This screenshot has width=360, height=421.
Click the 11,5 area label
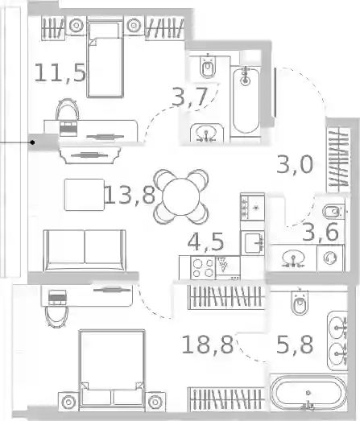click(x=60, y=72)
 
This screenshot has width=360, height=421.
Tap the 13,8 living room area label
click(x=130, y=195)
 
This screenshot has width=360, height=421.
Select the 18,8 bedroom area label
click(x=207, y=345)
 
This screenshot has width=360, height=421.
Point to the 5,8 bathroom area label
click(x=295, y=345)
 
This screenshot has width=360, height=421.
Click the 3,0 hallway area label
click(x=295, y=164)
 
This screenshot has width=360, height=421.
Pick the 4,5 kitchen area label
click(x=206, y=242)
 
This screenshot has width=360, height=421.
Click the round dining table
click(x=181, y=196)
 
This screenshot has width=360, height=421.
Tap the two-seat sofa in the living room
click(x=85, y=250)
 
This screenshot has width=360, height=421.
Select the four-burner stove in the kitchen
click(x=203, y=267)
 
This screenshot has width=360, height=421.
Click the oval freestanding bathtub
click(x=308, y=393)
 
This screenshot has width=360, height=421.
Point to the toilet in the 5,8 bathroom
click(x=300, y=303)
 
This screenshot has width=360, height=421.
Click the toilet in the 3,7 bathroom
click(x=208, y=67)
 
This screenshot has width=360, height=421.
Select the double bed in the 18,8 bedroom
click(x=112, y=371)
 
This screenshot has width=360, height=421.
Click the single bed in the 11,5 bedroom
click(x=106, y=60)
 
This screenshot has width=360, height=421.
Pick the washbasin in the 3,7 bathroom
click(x=206, y=133)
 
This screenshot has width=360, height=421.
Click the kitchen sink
click(x=253, y=243)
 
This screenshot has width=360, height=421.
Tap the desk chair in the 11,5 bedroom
click(x=68, y=109)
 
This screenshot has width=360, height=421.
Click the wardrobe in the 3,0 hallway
click(x=338, y=158)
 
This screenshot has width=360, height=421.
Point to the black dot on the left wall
click(x=32, y=142)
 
